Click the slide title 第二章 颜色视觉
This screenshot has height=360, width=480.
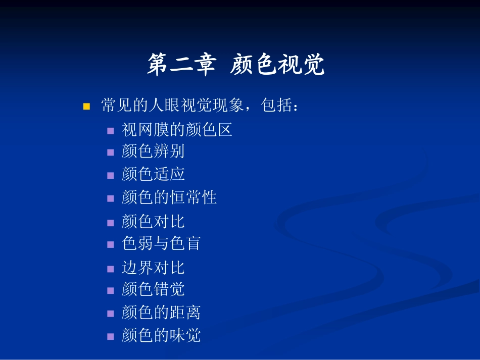click(x=236, y=65)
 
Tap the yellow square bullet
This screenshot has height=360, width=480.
click(x=86, y=107)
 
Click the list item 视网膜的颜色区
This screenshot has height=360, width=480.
click(x=177, y=130)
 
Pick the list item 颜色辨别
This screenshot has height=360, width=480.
click(x=153, y=151)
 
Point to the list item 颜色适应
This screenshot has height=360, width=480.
click(x=153, y=174)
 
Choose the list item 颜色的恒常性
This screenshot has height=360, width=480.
click(x=169, y=197)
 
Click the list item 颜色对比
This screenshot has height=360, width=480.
click(x=153, y=221)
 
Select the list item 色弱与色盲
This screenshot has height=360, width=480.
click(x=161, y=243)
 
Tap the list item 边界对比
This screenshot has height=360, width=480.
click(x=153, y=267)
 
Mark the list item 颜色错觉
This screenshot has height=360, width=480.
click(x=153, y=289)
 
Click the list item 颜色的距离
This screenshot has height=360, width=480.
click(x=161, y=313)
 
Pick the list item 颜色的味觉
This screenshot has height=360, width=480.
click(x=161, y=335)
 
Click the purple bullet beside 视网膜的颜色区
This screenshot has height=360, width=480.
click(x=110, y=131)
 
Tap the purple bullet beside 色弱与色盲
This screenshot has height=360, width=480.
click(x=110, y=244)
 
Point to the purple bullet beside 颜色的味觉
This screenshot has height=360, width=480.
click(x=110, y=336)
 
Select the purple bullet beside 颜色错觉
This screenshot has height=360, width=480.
click(x=110, y=290)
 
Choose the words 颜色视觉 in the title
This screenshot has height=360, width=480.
click(x=277, y=65)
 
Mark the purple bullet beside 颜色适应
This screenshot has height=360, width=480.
click(x=110, y=175)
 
